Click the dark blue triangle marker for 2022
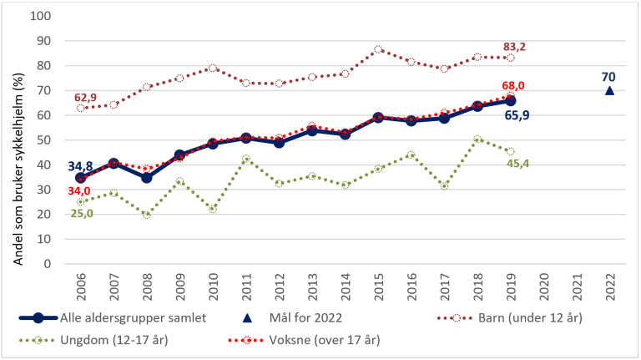pos(608,90)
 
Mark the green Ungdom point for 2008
pos(146,215)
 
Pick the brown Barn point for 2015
pos(378,49)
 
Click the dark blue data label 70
pos(608,77)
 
